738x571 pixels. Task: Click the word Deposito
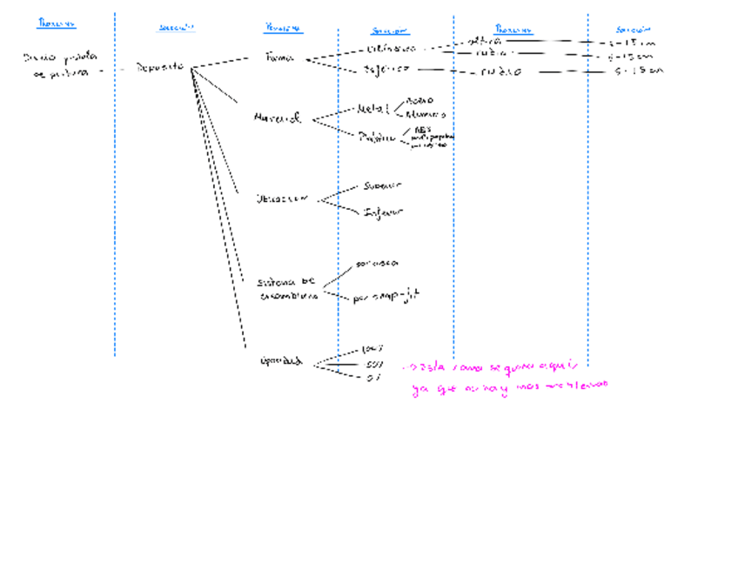click(160, 67)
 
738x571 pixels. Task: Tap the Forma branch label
click(279, 57)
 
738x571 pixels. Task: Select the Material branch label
click(278, 118)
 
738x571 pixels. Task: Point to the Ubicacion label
click(282, 198)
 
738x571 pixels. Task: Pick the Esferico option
click(386, 69)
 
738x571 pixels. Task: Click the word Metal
click(374, 110)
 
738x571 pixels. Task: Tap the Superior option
click(383, 185)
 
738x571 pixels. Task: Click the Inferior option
click(384, 212)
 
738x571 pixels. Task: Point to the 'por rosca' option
click(377, 262)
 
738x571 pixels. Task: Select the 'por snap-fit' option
click(386, 298)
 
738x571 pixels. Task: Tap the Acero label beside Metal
click(420, 100)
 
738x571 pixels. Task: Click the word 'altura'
click(484, 40)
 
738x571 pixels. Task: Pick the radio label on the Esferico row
click(500, 71)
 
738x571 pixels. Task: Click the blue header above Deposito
click(177, 28)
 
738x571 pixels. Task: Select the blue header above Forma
click(283, 28)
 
